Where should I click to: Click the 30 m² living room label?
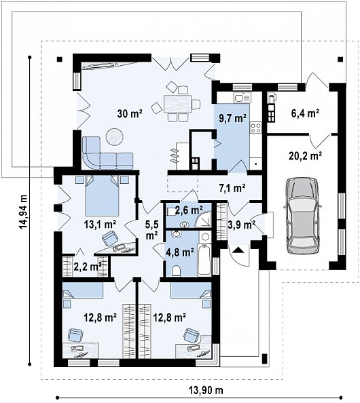(130, 113)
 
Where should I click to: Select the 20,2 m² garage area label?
(306, 156)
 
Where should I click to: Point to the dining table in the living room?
(177, 104)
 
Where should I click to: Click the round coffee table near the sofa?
(115, 136)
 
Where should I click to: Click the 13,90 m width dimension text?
(206, 391)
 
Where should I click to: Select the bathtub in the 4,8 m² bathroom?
(204, 260)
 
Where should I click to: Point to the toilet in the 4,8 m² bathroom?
(176, 271)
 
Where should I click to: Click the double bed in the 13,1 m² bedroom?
(103, 195)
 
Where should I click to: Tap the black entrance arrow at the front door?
(238, 250)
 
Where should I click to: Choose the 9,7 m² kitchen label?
(232, 118)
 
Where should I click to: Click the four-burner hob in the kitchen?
(256, 128)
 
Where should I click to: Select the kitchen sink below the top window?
(242, 98)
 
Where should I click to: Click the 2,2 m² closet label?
(88, 267)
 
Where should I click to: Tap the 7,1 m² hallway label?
(232, 189)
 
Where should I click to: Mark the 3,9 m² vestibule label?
(241, 225)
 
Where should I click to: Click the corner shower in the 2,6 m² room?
(204, 220)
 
